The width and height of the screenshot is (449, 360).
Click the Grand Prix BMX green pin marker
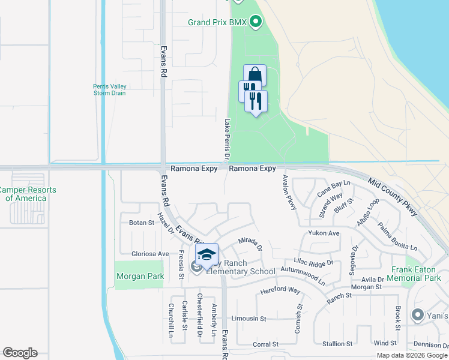tap(256, 23)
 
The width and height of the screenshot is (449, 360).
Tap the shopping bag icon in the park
tap(255, 76)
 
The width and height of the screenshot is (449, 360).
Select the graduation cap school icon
tap(206, 254)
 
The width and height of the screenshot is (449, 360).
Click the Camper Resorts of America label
tap(28, 194)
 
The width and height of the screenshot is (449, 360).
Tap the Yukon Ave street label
tap(324, 233)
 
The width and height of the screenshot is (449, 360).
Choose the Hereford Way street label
tap(280, 291)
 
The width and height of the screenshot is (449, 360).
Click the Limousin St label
tap(249, 318)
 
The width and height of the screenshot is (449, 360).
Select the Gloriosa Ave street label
tap(138, 254)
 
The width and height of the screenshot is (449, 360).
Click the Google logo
tap(20, 353)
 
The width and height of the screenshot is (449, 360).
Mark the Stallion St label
tap(337, 344)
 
